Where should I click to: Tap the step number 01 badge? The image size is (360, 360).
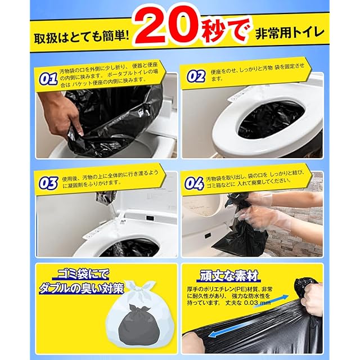point(48,79)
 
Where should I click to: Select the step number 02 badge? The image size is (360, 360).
point(196,76)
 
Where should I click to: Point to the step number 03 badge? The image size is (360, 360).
point(48,183)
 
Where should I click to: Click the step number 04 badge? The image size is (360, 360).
point(194,183)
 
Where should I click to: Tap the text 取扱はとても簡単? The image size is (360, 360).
point(82,36)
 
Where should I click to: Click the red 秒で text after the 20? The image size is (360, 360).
point(224,31)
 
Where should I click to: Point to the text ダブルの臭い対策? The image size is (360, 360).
point(82,289)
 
